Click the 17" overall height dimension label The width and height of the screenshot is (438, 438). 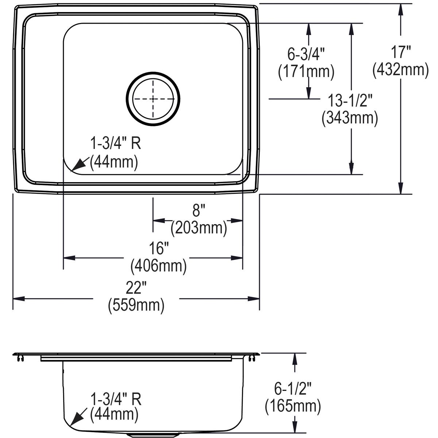click(400, 52)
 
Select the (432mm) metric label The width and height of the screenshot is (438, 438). click(400, 69)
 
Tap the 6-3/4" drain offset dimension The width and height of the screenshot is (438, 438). click(306, 54)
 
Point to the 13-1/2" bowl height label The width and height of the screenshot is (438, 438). click(350, 100)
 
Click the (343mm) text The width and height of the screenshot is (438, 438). click(350, 118)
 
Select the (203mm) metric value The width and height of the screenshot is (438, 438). click(199, 228)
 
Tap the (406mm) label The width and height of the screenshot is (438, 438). click(159, 265)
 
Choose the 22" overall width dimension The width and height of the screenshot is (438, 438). click(136, 288)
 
